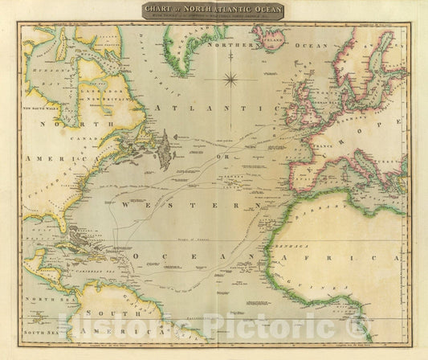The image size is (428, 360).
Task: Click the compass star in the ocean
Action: point(231,79)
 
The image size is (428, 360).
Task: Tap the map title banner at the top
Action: point(214,10)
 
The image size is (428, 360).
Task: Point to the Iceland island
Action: point(270,36)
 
